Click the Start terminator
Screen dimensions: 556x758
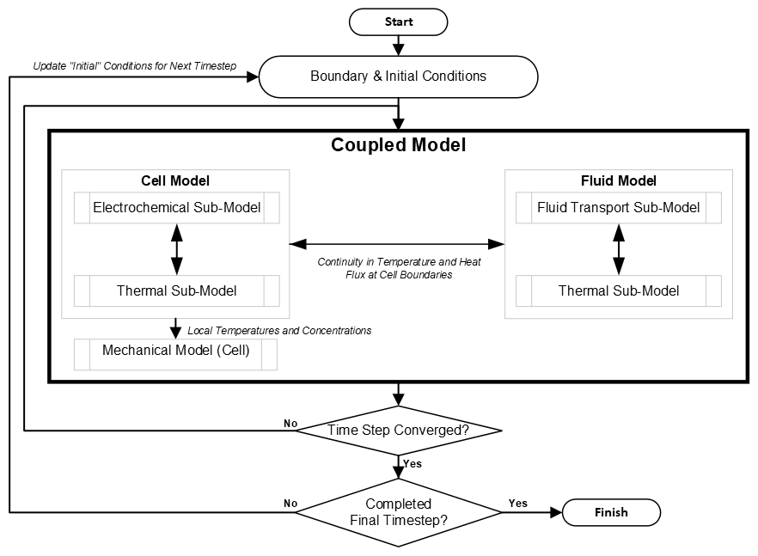[x=398, y=21]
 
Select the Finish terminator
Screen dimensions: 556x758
[x=611, y=512]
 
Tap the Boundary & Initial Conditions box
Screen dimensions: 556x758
[x=398, y=76]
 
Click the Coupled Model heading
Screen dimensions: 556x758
[x=398, y=145]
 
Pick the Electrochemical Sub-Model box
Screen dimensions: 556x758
[x=176, y=208]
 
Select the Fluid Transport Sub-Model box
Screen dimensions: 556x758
[x=618, y=208]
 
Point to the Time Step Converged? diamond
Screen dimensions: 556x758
[x=398, y=429]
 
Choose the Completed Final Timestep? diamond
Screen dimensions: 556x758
[x=398, y=512]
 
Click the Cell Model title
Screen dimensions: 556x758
[x=175, y=181]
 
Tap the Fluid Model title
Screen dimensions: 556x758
[x=618, y=181]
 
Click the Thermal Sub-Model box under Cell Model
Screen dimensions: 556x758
[x=176, y=291]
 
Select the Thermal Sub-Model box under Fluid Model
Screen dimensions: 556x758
[x=618, y=291]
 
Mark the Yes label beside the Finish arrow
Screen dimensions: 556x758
[x=518, y=503]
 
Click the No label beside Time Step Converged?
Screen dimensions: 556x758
[x=290, y=423]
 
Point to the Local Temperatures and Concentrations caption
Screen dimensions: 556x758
[x=279, y=330]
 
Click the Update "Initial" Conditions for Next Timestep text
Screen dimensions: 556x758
[x=134, y=66]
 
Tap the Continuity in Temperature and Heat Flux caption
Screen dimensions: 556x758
[x=399, y=268]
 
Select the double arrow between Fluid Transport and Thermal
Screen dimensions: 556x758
[x=618, y=249]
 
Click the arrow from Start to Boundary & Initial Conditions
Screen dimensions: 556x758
[x=398, y=45]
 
